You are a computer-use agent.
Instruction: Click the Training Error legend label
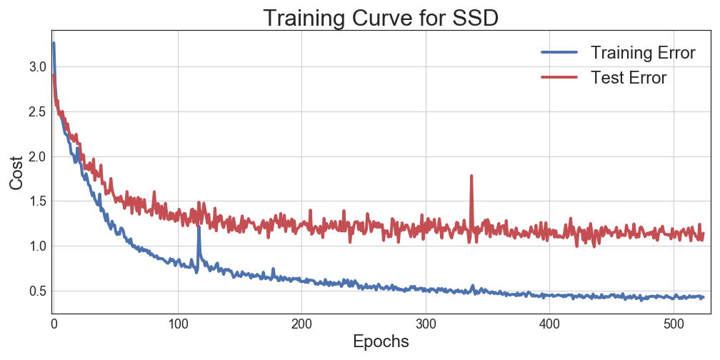(643, 53)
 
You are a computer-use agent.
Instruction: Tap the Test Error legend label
(629, 77)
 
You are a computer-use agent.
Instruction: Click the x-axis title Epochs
(380, 341)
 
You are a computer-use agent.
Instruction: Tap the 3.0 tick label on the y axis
(37, 66)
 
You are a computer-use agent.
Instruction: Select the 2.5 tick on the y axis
(37, 111)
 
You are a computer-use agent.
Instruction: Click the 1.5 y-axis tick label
(37, 201)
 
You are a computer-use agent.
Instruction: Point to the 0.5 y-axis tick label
(37, 291)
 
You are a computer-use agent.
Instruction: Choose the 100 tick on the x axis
(177, 324)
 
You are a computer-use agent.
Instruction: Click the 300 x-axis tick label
(425, 324)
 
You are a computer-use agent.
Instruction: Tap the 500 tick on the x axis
(673, 324)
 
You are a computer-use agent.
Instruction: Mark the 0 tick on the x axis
(54, 324)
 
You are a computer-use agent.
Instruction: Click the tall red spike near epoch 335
(471, 176)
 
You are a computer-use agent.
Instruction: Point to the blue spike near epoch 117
(199, 229)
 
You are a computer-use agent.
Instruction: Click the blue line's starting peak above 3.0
(54, 44)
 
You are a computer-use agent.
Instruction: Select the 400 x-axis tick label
(549, 324)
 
